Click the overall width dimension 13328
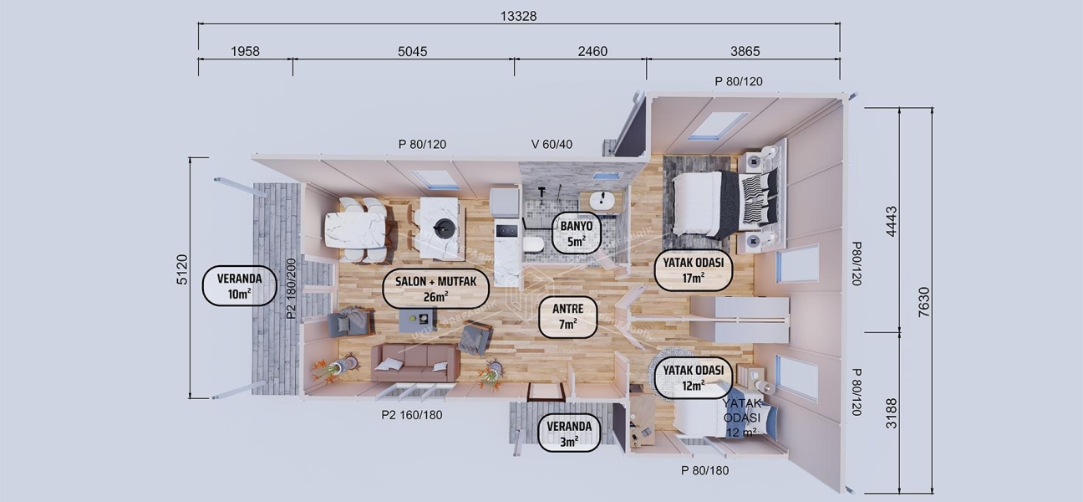[x=518, y=17]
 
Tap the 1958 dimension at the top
[x=245, y=51]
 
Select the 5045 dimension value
[x=412, y=51]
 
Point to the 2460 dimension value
[x=592, y=51]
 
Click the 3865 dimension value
[x=745, y=51]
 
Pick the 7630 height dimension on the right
[x=924, y=299]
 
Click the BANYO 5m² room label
[x=576, y=233]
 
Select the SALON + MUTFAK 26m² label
[x=435, y=289]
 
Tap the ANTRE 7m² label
[x=567, y=316]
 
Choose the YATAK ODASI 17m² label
[x=693, y=269]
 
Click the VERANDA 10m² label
[x=240, y=286]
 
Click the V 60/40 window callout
[x=552, y=144]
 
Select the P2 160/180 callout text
[x=411, y=415]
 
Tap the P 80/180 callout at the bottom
[x=704, y=470]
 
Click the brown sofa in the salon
[x=415, y=361]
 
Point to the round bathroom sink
[x=601, y=201]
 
